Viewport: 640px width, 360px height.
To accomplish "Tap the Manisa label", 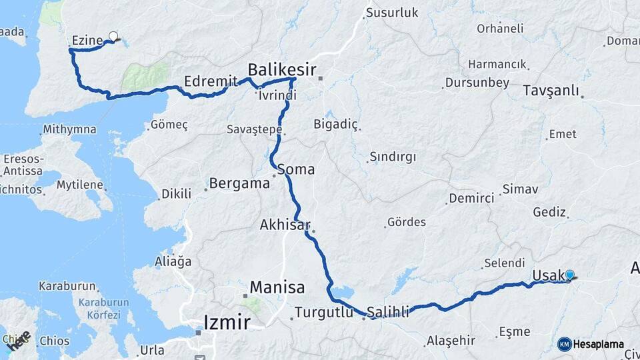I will [x=277, y=288].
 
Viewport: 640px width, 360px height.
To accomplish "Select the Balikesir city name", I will [x=281, y=69].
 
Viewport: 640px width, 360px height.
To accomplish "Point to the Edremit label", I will [x=211, y=81].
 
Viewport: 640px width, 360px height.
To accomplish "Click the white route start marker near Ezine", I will [x=113, y=37].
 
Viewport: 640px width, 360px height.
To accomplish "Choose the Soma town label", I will [x=296, y=169].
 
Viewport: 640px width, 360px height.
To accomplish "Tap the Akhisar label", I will [x=285, y=225].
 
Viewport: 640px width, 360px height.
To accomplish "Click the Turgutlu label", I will [x=323, y=311].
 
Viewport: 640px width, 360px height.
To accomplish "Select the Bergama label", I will [x=239, y=183].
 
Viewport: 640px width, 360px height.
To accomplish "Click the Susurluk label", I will [x=391, y=13].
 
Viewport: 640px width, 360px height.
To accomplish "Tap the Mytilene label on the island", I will [x=79, y=185].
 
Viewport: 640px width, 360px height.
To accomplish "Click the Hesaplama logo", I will [x=591, y=344].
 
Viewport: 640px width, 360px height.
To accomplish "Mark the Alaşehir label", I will [x=451, y=341].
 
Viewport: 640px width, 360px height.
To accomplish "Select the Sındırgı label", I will [x=392, y=157].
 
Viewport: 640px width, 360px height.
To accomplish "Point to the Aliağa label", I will [x=173, y=261].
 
